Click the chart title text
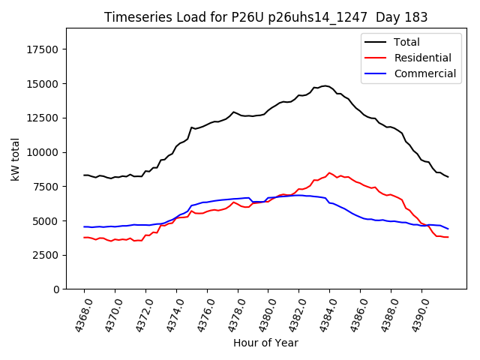[265, 17]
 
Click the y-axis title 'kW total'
[16, 159]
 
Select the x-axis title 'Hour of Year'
[265, 343]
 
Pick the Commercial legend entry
[424, 73]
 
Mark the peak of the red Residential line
[329, 172]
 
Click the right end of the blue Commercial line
[448, 229]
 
